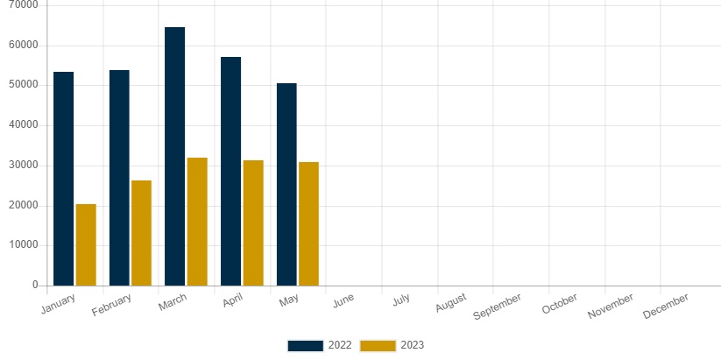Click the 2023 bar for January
point(86,244)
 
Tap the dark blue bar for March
point(174,156)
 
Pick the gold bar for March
point(197,222)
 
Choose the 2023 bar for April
point(253,222)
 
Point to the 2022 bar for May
point(286,184)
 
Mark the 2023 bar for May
point(308,223)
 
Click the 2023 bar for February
point(141,233)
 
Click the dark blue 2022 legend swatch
point(305,345)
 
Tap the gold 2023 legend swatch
point(378,345)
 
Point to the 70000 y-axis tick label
point(23,5)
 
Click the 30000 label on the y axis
point(23,166)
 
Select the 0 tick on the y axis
point(34,286)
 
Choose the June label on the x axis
point(343,300)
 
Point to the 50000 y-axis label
point(23,85)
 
